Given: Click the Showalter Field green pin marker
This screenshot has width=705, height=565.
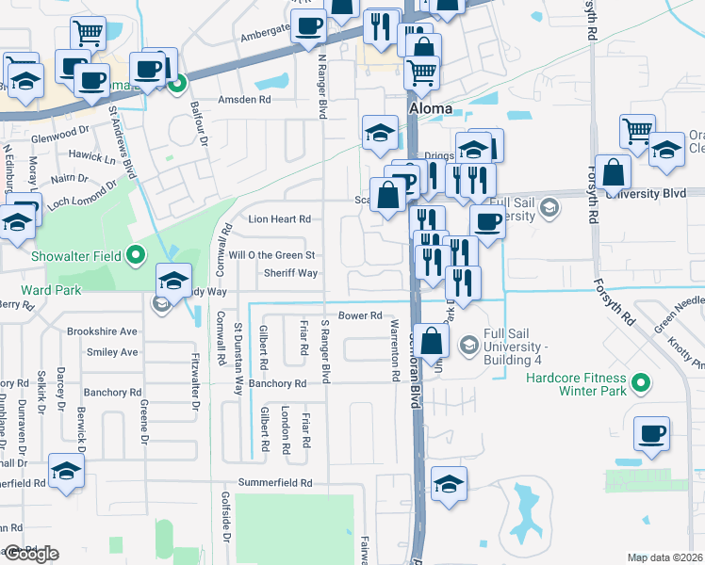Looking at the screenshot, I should (135, 254).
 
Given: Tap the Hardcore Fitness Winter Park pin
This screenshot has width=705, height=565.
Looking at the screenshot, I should (641, 383).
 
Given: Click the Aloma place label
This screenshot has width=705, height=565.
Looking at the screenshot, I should (430, 109).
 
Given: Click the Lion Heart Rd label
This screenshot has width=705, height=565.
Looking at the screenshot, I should (279, 219).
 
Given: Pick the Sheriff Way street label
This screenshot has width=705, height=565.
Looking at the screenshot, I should (289, 273).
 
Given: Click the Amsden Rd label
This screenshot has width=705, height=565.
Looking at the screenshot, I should (244, 99).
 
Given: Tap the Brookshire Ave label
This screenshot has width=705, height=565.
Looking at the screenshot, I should (102, 332).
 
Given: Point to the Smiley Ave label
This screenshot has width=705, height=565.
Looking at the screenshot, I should (111, 352).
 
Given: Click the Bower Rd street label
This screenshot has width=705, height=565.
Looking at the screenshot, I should (360, 315).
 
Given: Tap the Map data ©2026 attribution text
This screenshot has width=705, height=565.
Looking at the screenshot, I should (665, 557).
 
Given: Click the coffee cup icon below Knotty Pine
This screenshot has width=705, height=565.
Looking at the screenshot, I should (652, 433).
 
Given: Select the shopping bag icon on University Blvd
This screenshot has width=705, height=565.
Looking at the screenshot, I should (613, 173).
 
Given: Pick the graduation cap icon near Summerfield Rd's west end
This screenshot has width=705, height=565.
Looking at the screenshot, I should (67, 472).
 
